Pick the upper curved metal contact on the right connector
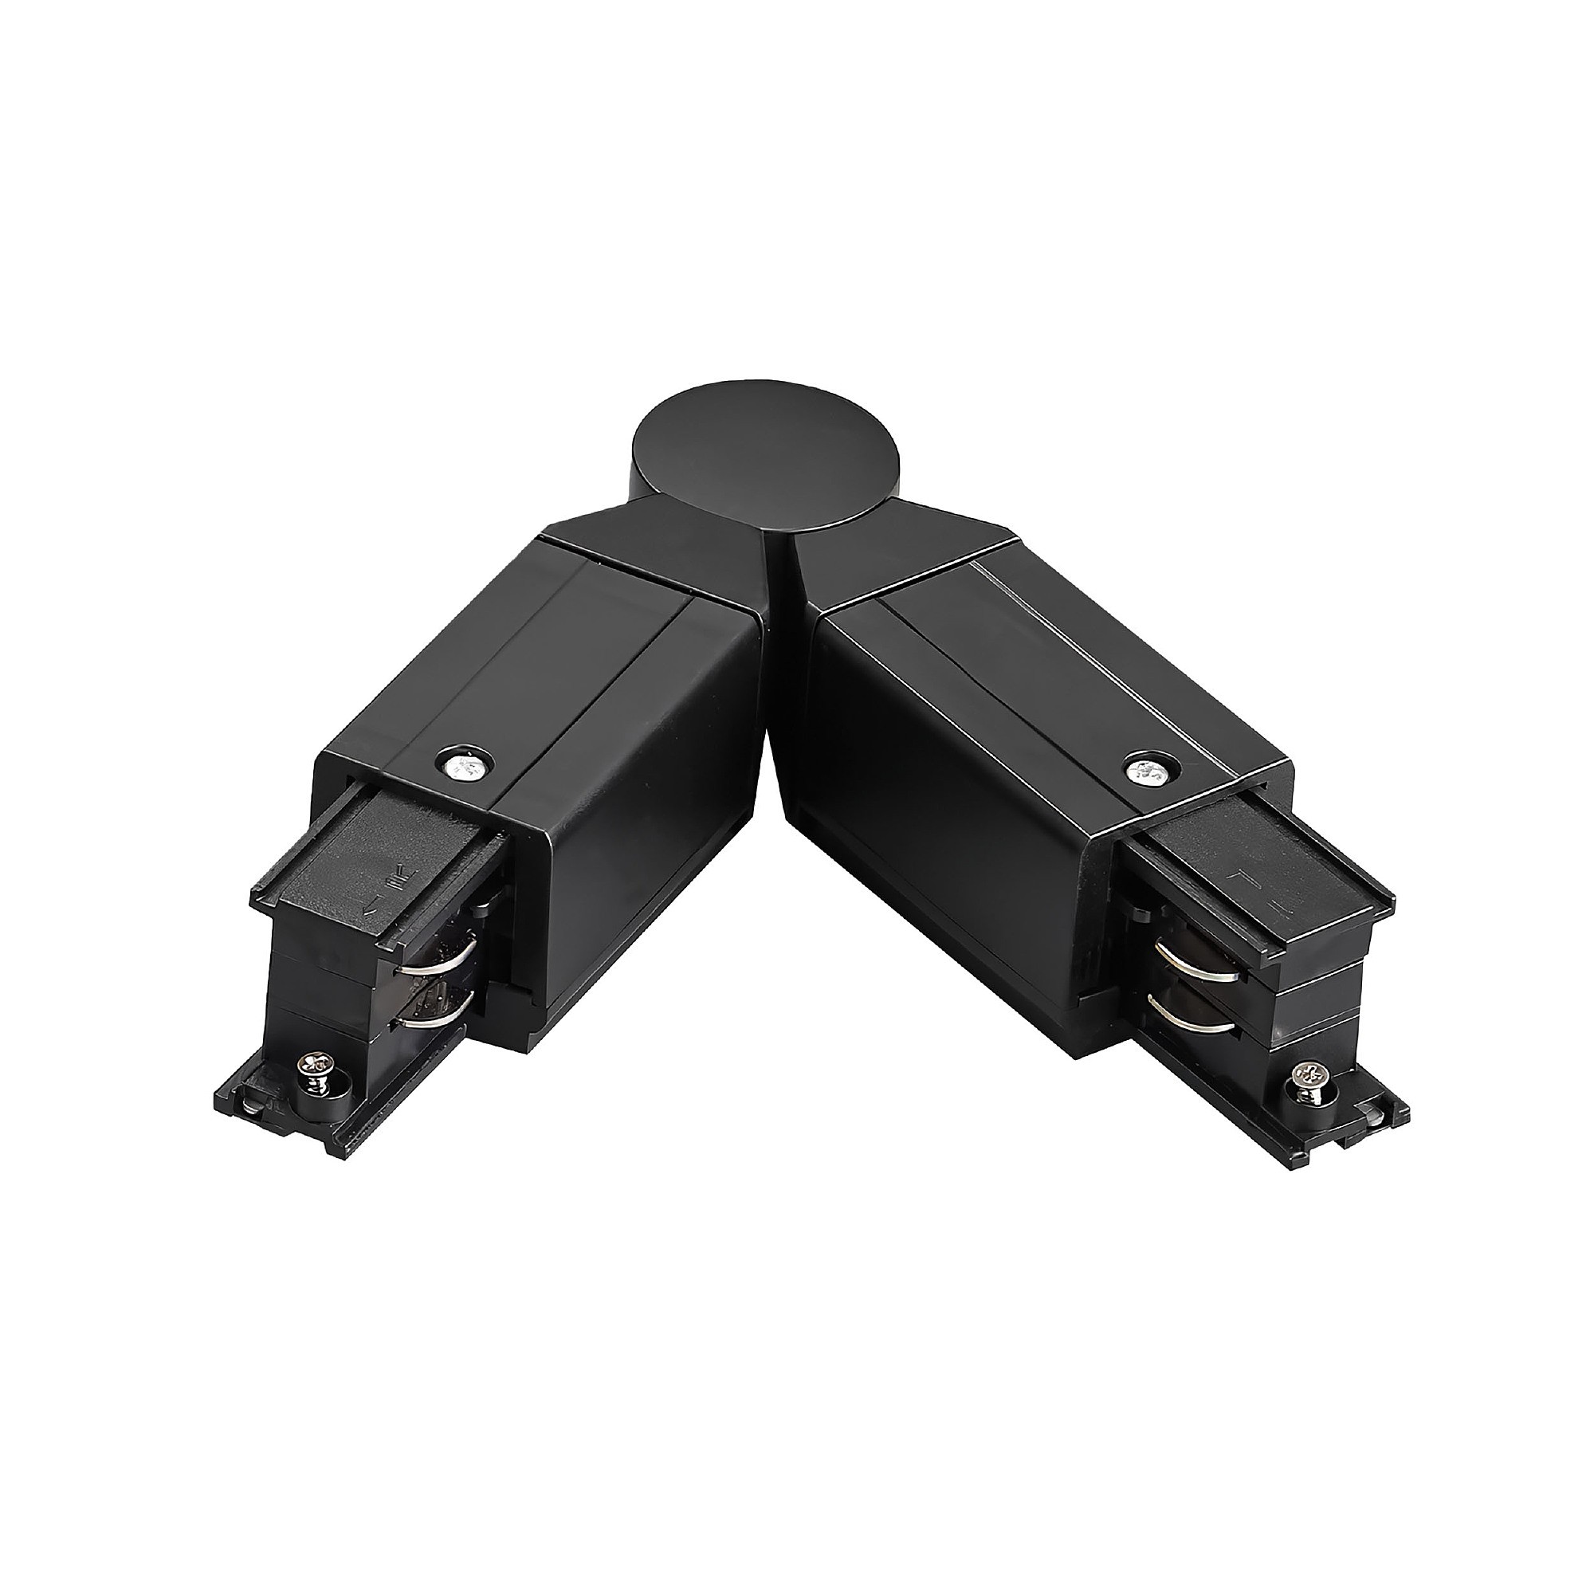point(1188,959)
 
